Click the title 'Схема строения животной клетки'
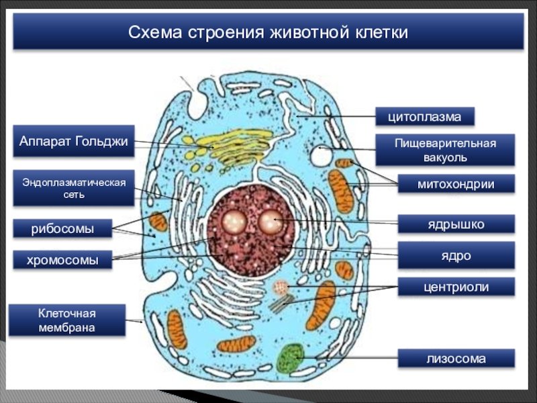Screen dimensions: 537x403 pyautogui.click(x=268, y=32)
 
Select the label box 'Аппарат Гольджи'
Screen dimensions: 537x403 pyautogui.click(x=74, y=141)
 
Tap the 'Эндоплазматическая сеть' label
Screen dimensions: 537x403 pyautogui.click(x=74, y=188)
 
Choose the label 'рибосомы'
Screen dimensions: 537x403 pyautogui.click(x=62, y=228)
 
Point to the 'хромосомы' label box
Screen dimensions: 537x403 pyautogui.click(x=62, y=260)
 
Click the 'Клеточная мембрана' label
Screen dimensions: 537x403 pyautogui.click(x=66, y=320)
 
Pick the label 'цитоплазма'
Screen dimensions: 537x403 pyautogui.click(x=425, y=116)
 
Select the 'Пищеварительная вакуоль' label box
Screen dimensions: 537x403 pyautogui.click(x=445, y=150)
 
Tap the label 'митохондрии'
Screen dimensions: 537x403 pyautogui.click(x=456, y=183)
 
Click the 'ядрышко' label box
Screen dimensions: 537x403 pyautogui.click(x=456, y=224)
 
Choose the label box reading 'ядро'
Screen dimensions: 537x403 pyautogui.click(x=456, y=255)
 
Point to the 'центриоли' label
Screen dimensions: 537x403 pyautogui.click(x=456, y=287)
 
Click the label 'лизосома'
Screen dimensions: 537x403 pyautogui.click(x=456, y=359)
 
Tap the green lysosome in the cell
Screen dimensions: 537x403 pyautogui.click(x=291, y=358)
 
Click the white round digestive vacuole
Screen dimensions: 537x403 pyautogui.click(x=322, y=156)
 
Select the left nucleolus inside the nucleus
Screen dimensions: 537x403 pyautogui.click(x=234, y=222)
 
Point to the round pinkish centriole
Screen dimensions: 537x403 pyautogui.click(x=281, y=287)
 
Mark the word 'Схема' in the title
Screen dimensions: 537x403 pyautogui.click(x=155, y=32)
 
